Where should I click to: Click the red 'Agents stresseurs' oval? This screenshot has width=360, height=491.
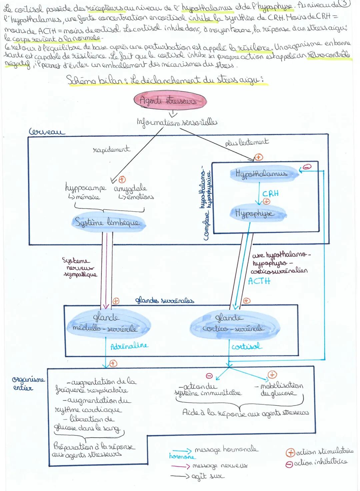tap(170, 100)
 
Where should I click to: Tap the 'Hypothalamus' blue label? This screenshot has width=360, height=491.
tap(261, 174)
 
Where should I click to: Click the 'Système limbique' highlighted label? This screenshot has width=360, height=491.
tap(108, 222)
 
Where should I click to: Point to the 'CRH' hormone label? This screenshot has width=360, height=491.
tap(270, 194)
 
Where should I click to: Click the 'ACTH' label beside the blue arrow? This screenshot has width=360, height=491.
tap(259, 281)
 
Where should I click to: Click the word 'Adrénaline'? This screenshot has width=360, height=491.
tap(129, 346)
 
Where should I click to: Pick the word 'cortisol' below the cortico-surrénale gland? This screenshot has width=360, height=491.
tap(247, 346)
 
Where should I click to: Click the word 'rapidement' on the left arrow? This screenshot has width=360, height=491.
tap(111, 150)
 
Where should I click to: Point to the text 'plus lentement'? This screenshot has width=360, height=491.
tap(247, 142)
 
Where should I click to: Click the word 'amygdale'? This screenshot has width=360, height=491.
tap(130, 189)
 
